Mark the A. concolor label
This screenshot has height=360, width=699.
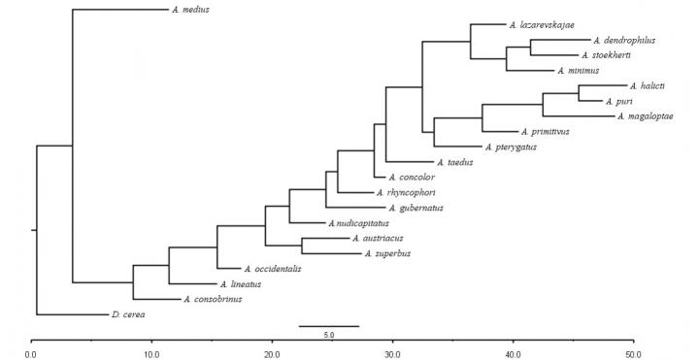click(411, 178)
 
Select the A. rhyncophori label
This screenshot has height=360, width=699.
click(416, 193)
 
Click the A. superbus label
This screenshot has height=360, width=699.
click(386, 254)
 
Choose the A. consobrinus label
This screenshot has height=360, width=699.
click(212, 300)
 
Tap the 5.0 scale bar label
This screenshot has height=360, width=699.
click(328, 335)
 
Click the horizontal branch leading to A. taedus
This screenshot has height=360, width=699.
click(409, 162)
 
